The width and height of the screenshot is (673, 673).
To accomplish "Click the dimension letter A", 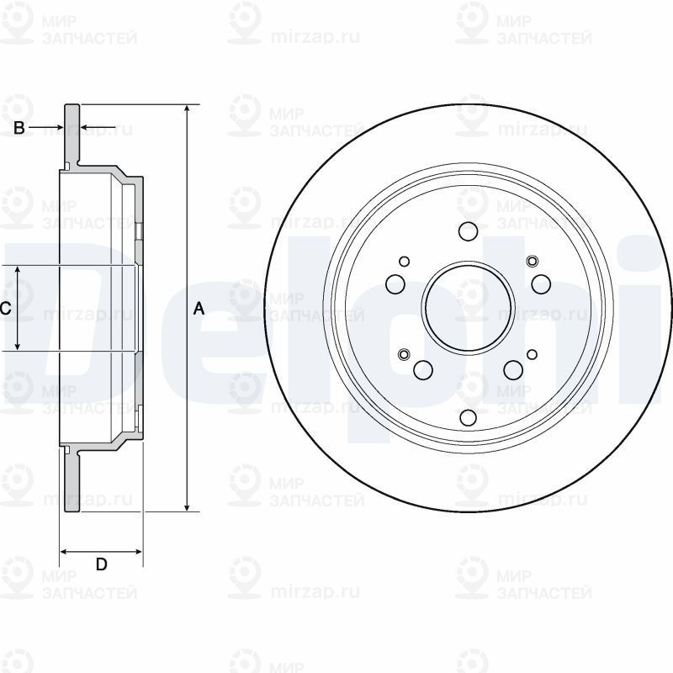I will pyautogui.click(x=199, y=309).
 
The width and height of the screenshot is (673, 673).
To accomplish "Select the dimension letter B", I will pyautogui.click(x=18, y=128).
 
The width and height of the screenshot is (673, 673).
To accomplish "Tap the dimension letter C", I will pyautogui.click(x=5, y=309).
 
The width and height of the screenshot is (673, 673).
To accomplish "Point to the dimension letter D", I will pyautogui.click(x=101, y=564).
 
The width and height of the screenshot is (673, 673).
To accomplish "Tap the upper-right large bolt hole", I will pyautogui.click(x=541, y=284).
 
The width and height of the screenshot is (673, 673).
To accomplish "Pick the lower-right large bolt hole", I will pyautogui.click(x=513, y=368).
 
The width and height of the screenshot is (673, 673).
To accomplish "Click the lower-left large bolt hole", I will pyautogui.click(x=423, y=368).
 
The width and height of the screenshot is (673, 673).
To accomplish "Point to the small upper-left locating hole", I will pyautogui.click(x=405, y=262).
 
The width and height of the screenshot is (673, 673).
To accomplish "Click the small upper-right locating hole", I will pyautogui.click(x=532, y=262).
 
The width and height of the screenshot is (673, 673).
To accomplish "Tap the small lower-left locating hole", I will pyautogui.click(x=403, y=353).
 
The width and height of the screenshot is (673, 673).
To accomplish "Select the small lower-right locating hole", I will pyautogui.click(x=533, y=353).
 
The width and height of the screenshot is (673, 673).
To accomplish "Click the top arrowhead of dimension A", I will pyautogui.click(x=187, y=110).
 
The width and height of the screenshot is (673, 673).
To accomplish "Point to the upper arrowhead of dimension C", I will pyautogui.click(x=19, y=271).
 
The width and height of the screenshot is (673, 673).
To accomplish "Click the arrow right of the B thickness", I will pyautogui.click(x=87, y=128).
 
